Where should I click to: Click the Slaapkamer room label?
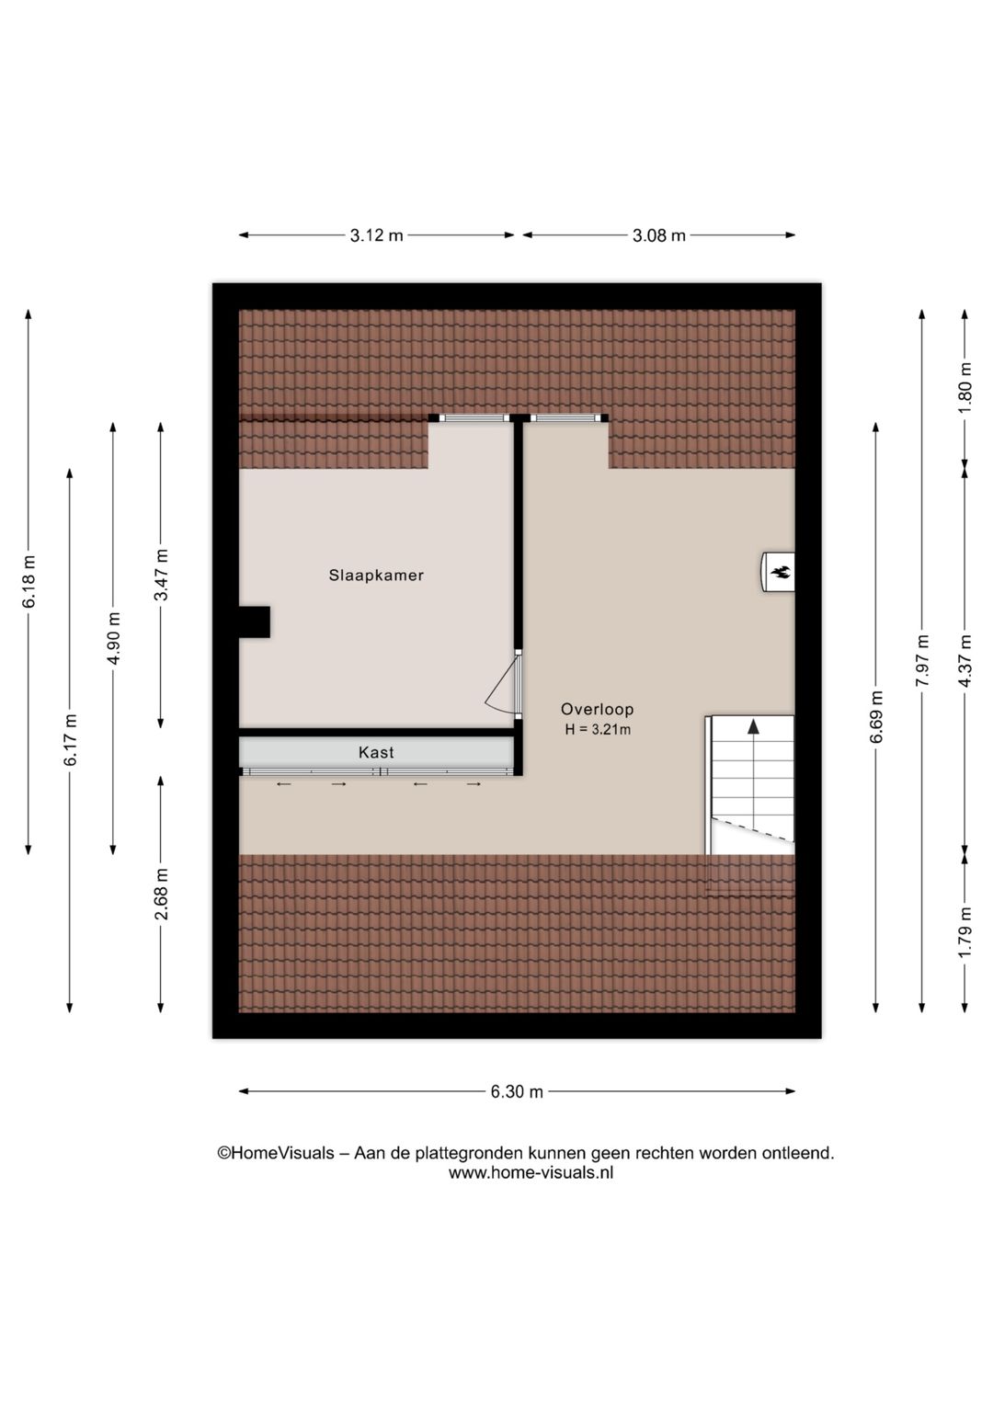click(x=376, y=576)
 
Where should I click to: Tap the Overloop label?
click(x=597, y=709)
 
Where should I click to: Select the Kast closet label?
click(x=376, y=752)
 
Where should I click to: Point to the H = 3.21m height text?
click(x=598, y=730)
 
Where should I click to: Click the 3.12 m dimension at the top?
click(x=376, y=235)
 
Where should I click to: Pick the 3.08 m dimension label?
click(x=658, y=235)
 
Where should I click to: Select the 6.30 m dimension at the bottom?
click(x=517, y=1092)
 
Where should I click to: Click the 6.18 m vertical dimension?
click(x=29, y=582)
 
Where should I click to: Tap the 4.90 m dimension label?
click(x=113, y=638)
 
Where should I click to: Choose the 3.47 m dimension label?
click(x=161, y=576)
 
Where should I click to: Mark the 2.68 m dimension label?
click(x=161, y=895)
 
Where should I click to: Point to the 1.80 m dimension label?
click(x=964, y=387)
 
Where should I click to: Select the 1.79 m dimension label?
click(x=964, y=932)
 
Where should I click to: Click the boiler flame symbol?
click(x=780, y=573)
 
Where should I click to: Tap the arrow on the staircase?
click(x=753, y=727)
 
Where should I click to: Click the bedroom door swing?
click(x=503, y=687)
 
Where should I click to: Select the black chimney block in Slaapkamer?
click(x=255, y=622)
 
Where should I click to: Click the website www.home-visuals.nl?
click(x=531, y=1173)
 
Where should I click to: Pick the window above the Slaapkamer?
click(x=474, y=418)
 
